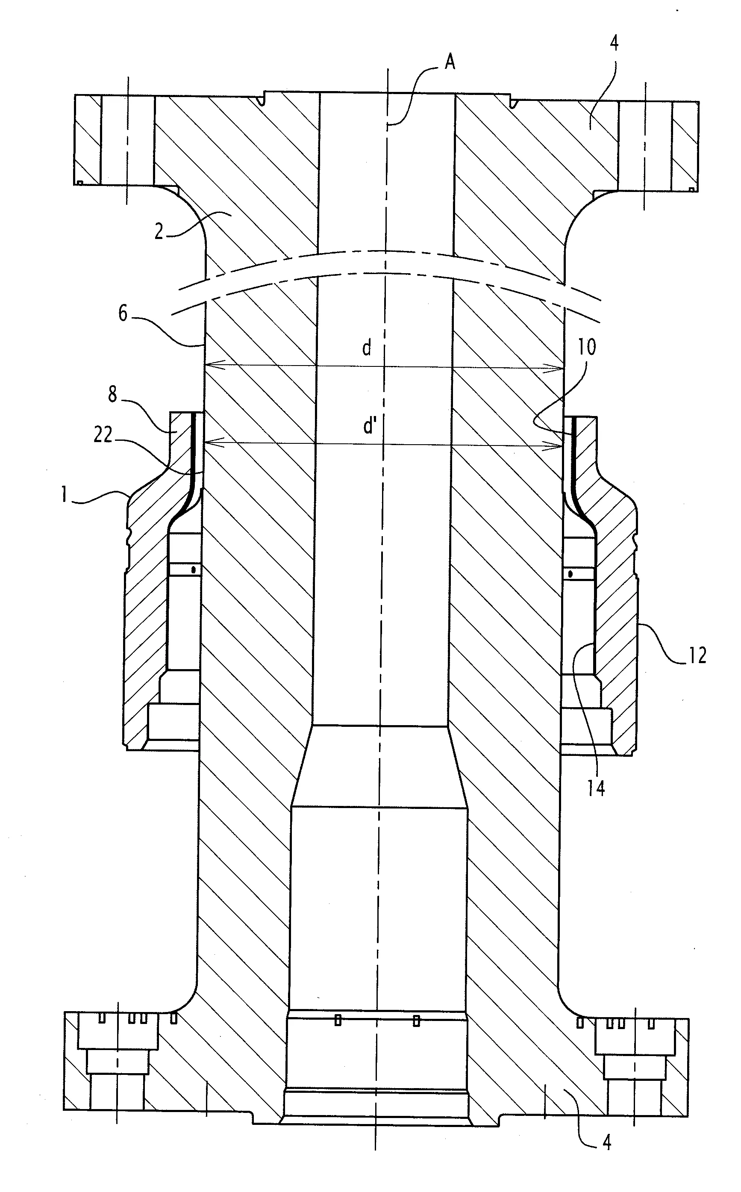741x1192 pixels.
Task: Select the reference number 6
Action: (123, 314)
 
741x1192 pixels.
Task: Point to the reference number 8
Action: (113, 394)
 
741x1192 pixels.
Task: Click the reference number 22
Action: (103, 434)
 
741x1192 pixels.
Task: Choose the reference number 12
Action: (697, 655)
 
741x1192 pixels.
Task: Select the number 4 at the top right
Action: (614, 43)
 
